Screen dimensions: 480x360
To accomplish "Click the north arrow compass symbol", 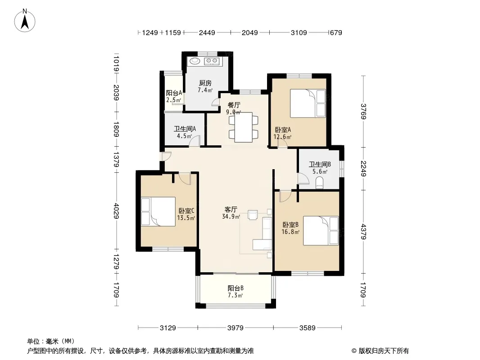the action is (25, 21).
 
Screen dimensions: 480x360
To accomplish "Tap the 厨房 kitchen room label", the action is (205, 83).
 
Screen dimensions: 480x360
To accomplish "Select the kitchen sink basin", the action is (195, 61).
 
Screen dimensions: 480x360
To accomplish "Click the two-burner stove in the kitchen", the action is (212, 61).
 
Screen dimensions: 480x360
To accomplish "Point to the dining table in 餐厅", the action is (243, 127).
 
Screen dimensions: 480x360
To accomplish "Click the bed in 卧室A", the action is (308, 103).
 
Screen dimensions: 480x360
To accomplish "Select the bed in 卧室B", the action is (321, 230).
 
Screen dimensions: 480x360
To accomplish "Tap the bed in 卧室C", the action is (158, 211).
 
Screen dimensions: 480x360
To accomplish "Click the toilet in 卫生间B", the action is (319, 183).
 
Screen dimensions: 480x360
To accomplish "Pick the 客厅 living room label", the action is (231, 210).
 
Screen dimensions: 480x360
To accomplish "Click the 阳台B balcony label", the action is (235, 288).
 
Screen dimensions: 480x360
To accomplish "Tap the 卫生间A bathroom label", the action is (185, 129).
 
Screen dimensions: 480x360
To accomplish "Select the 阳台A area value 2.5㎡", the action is (173, 100).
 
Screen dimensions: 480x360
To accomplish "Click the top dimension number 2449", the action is (207, 32).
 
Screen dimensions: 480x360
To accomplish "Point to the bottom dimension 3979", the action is (235, 328).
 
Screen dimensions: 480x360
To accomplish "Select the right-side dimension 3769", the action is (363, 111).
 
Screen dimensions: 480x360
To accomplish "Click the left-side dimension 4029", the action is (116, 211).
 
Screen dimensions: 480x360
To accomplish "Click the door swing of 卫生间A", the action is (195, 141).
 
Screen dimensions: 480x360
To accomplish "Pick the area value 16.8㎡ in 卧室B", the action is (290, 232).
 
